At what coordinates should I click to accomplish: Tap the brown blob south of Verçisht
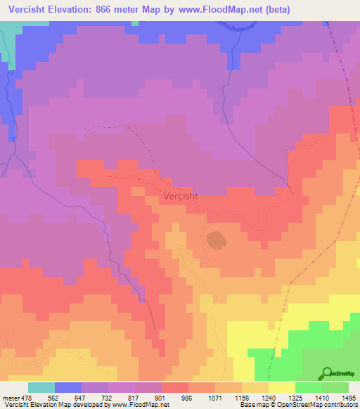(217, 239)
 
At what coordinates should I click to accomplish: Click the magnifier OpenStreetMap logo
(328, 373)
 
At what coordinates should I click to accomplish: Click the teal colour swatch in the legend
(41, 387)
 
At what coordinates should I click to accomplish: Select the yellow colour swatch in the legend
(282, 387)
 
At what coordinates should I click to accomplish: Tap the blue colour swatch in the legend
(68, 387)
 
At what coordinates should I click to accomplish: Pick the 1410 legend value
(319, 398)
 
